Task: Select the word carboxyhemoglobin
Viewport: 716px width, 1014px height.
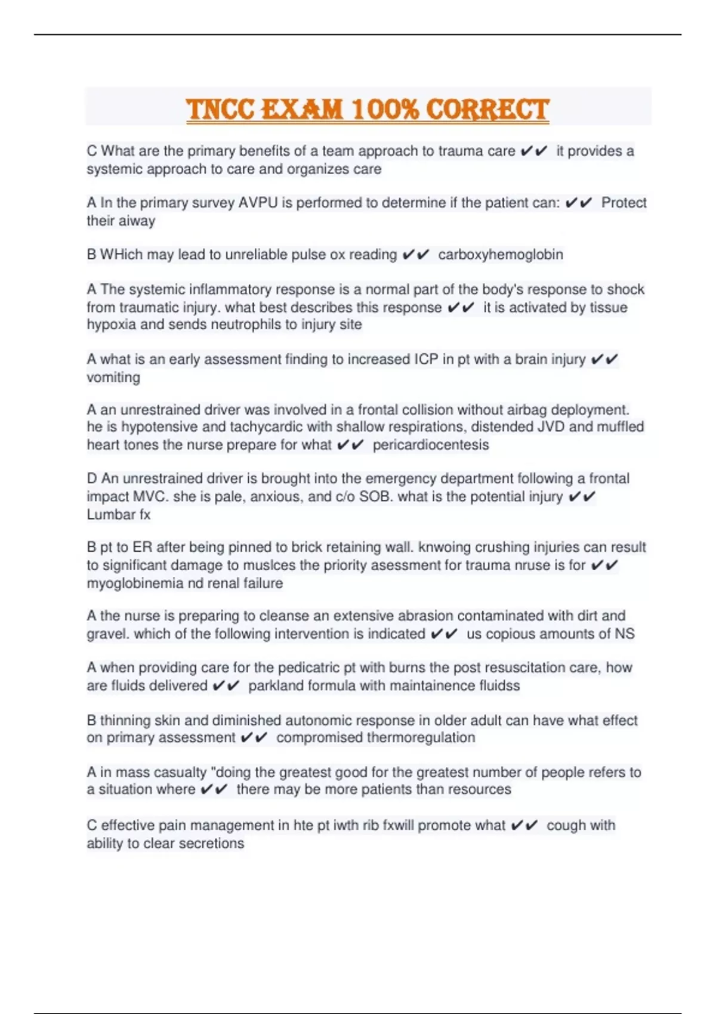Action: [x=501, y=255]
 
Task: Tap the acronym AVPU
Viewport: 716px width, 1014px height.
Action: [x=258, y=203]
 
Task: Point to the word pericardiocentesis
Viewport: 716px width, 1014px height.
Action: [x=431, y=445]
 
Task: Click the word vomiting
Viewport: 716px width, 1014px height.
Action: [x=113, y=378]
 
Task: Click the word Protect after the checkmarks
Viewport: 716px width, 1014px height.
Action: [x=624, y=203]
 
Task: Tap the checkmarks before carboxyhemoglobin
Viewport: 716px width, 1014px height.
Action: [x=415, y=255]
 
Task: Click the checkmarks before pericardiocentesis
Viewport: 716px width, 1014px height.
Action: [x=350, y=445]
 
